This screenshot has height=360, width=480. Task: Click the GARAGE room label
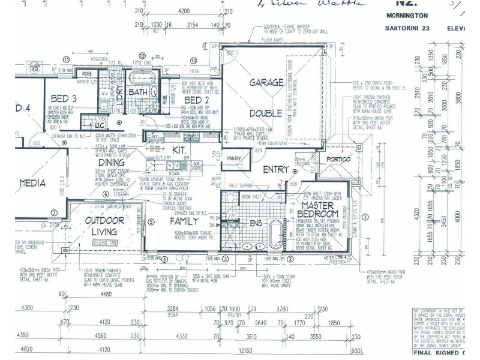266,82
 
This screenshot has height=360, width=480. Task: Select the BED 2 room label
196,100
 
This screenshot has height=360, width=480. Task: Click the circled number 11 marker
67,59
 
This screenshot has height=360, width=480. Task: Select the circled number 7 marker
53,212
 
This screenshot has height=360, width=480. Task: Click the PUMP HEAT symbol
35,67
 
